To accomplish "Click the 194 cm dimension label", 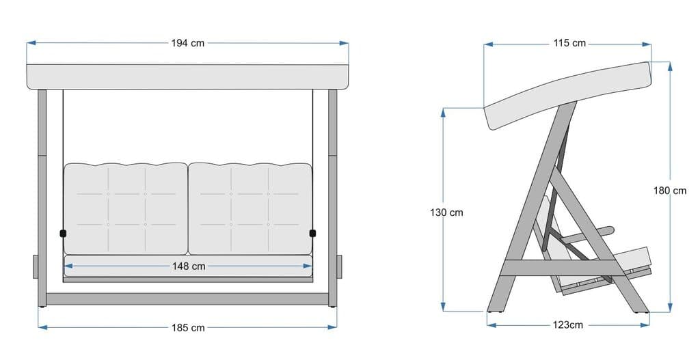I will point(187,43).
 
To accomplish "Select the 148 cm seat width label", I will point(189,266).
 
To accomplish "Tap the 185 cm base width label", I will point(188,328).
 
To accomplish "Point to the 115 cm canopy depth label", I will point(569,43).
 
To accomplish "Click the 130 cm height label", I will point(446,212).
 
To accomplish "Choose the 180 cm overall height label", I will point(670,191).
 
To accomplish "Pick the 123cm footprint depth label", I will point(567,324).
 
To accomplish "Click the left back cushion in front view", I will point(125,208).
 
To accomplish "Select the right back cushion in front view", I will point(250,208).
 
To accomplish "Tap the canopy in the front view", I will point(187,77).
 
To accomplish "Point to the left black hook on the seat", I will point(64,234).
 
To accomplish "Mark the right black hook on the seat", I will point(313,234).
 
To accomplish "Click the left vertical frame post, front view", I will point(42,198).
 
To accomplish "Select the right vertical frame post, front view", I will point(333,198).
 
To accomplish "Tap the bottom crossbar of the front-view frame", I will point(187,299).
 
